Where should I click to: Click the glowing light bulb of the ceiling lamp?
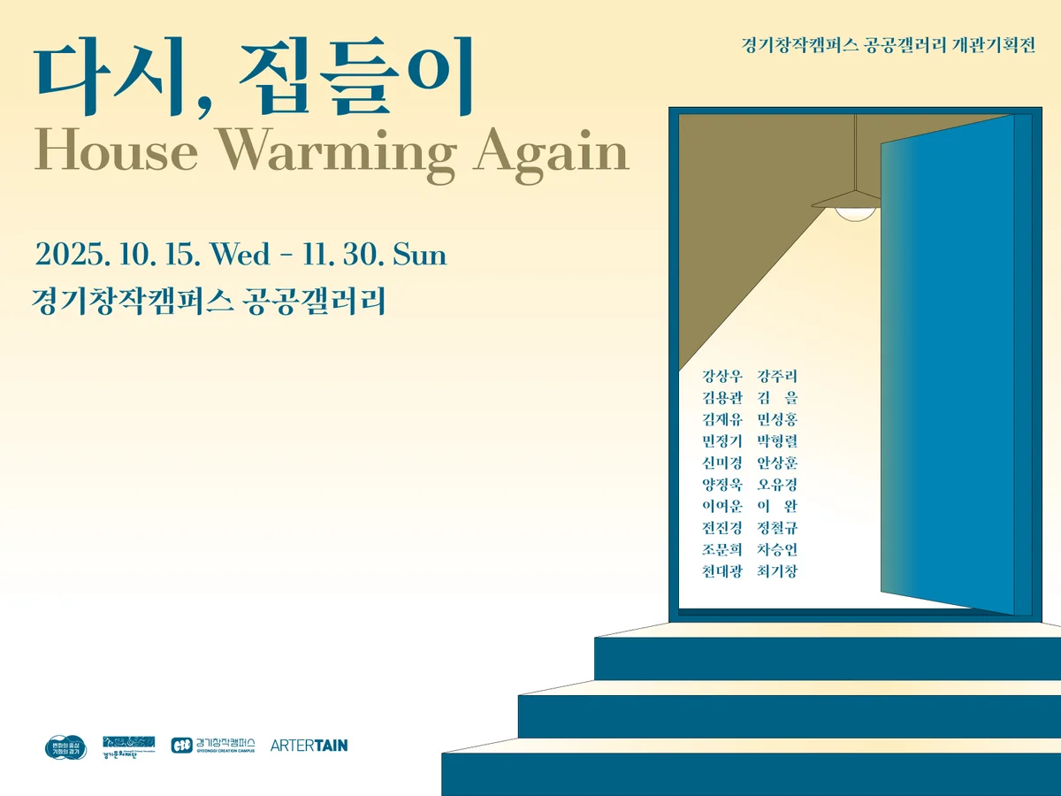point(855,213)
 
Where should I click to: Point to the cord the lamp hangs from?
point(855,150)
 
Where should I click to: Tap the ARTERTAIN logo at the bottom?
point(309,746)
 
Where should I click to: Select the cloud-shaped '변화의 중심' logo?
point(65,747)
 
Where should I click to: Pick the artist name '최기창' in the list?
point(777,571)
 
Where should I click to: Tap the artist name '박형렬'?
point(777,441)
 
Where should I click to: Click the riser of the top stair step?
point(827,659)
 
